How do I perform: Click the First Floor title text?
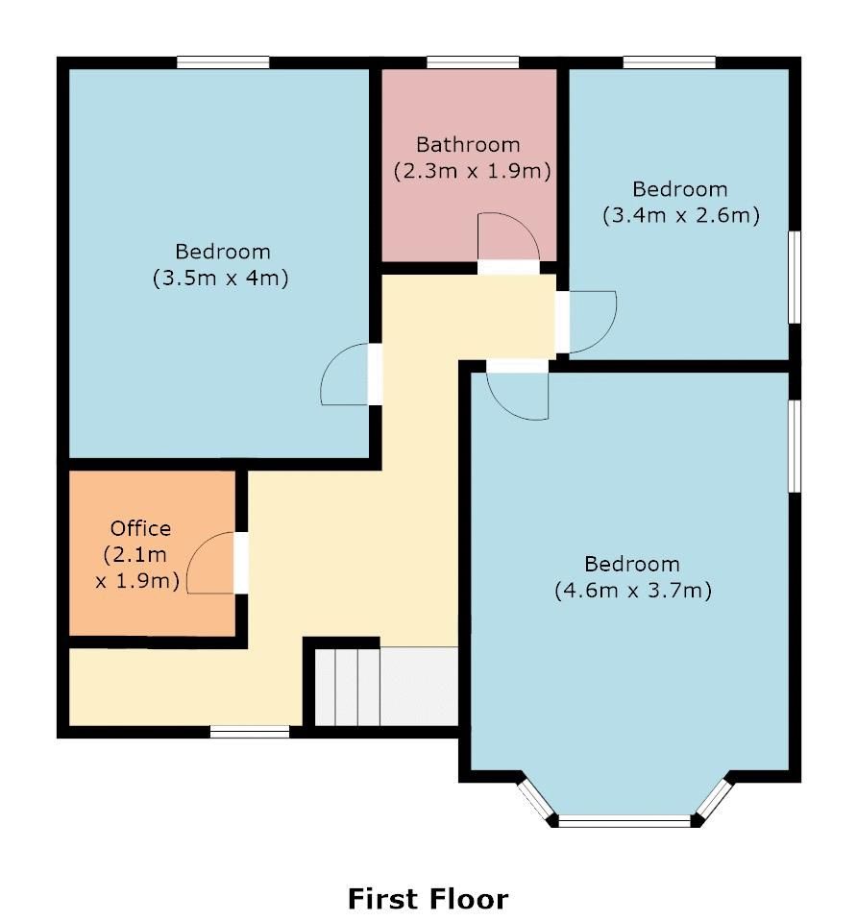tap(428, 899)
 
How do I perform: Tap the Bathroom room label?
tap(468, 145)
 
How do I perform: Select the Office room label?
tap(140, 528)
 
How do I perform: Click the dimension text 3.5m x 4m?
tap(221, 279)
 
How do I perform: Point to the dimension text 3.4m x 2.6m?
tap(680, 216)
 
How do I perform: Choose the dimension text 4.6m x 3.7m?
tap(632, 591)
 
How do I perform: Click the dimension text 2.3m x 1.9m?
tap(471, 172)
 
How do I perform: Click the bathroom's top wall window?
tap(473, 63)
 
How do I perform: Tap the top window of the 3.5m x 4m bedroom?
tap(223, 63)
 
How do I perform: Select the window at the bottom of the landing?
tap(250, 733)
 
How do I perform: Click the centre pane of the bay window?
tap(625, 821)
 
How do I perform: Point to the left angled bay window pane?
tap(534, 799)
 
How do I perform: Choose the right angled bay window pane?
tap(715, 798)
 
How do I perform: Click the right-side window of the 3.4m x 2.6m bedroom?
tap(795, 278)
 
